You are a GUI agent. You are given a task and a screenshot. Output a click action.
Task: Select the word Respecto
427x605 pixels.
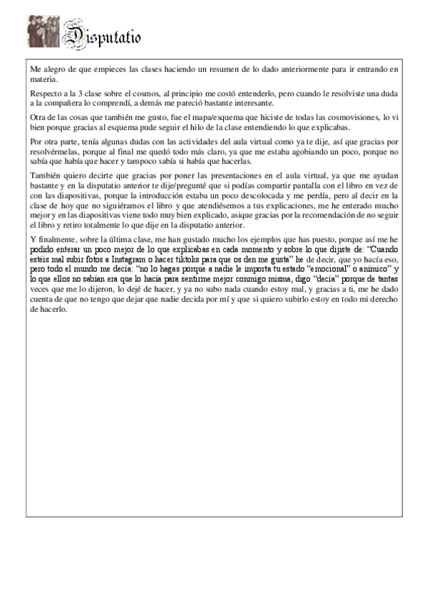point(45,93)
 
